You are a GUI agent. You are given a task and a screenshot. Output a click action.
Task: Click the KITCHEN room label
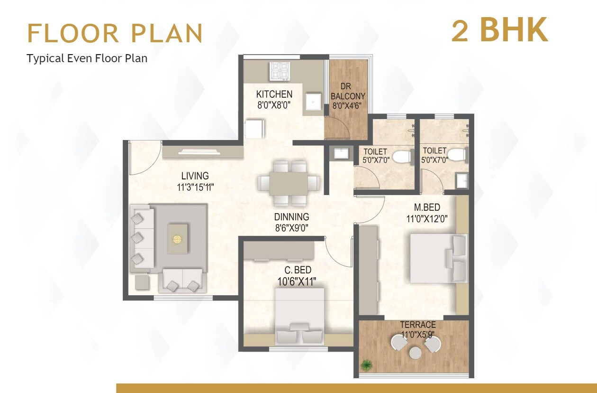click(x=274, y=94)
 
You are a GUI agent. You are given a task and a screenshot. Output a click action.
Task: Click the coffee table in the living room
click(x=177, y=238)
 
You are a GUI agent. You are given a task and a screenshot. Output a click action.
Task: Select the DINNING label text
click(x=291, y=217)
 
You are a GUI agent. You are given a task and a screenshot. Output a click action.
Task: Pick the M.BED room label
click(x=427, y=207)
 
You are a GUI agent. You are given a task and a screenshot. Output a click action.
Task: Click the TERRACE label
click(x=417, y=325)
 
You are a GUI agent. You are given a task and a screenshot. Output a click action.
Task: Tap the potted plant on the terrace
click(x=366, y=365)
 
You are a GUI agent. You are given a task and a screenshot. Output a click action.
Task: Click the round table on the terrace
click(x=416, y=353)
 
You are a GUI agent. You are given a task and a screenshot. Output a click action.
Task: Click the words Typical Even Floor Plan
click(x=87, y=58)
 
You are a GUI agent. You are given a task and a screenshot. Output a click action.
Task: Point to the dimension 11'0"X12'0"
click(x=427, y=219)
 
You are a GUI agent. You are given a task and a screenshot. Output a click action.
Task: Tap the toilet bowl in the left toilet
click(x=402, y=157)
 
